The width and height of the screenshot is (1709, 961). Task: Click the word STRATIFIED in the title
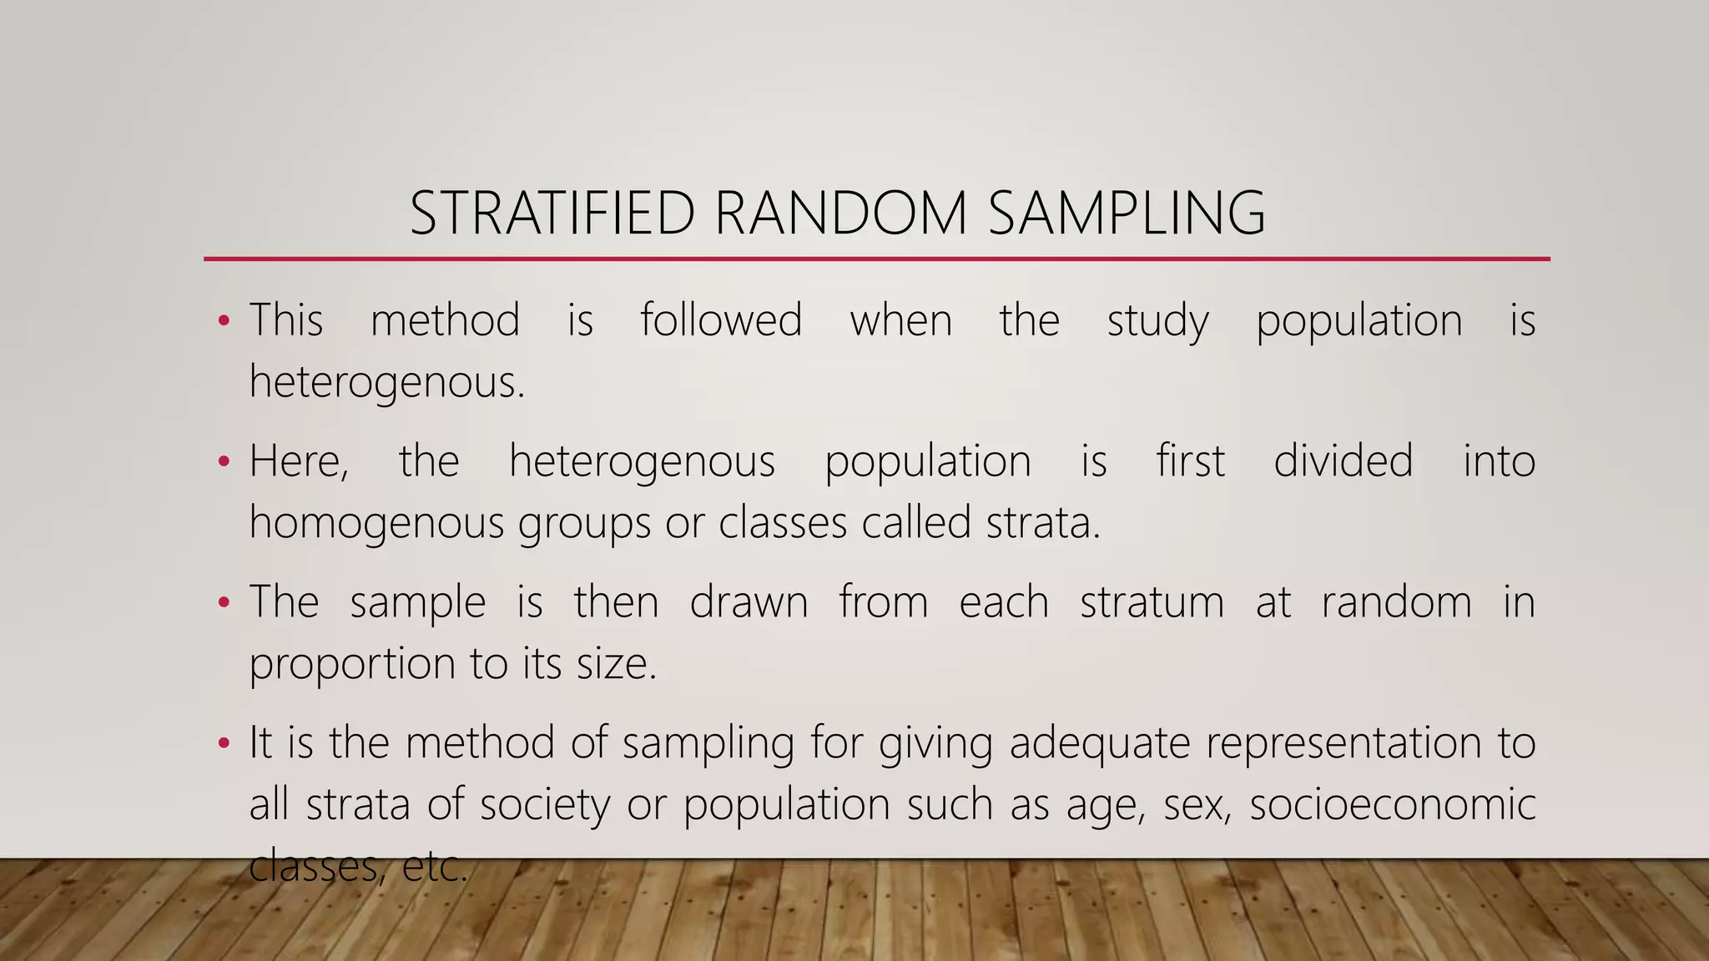pos(552,214)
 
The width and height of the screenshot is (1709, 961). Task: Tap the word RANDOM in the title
pos(840,214)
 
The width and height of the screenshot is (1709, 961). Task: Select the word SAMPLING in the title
pos(1127,214)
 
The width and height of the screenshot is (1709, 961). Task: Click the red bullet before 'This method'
pos(223,321)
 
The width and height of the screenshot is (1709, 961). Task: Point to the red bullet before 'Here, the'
pos(223,461)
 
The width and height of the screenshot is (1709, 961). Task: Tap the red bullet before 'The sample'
pos(223,602)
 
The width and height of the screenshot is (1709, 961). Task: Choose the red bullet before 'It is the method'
pos(223,742)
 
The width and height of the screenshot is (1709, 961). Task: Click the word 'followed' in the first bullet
pos(721,320)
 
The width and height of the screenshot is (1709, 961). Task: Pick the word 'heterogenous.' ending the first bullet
pos(387,384)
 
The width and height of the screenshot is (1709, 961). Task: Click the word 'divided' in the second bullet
pos(1344,460)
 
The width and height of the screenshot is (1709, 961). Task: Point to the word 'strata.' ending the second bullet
pos(1043,523)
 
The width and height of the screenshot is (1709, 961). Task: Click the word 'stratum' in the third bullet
pos(1152,601)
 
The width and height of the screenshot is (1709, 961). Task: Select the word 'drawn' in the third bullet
pos(749,601)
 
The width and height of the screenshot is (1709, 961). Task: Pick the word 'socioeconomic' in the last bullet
pos(1392,805)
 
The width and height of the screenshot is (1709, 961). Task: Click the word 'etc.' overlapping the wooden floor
pos(434,867)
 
